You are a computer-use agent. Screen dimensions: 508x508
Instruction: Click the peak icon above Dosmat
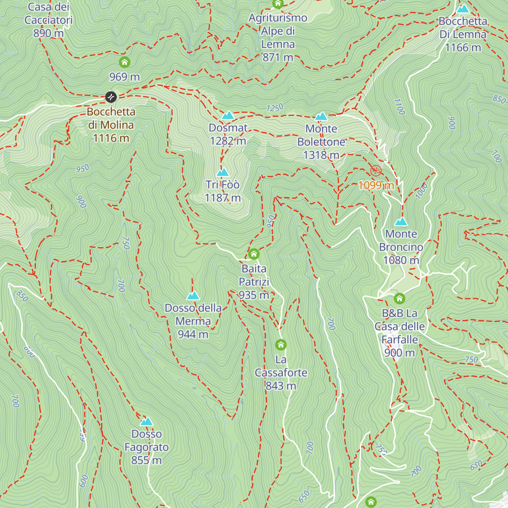click(228, 115)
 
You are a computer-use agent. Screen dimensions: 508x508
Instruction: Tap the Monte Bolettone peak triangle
click(321, 116)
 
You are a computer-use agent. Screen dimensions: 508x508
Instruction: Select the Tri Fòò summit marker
click(223, 172)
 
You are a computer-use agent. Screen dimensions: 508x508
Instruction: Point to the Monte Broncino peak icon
click(401, 221)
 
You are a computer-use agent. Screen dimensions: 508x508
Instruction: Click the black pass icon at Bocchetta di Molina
click(111, 97)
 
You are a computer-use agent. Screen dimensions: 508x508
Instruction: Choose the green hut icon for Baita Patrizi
click(254, 254)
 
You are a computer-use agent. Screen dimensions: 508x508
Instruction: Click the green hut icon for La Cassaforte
click(281, 345)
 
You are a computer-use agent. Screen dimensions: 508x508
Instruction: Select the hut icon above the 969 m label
click(124, 63)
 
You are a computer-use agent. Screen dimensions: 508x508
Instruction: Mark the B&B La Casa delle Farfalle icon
click(399, 299)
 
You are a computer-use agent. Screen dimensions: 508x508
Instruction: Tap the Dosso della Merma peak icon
click(193, 295)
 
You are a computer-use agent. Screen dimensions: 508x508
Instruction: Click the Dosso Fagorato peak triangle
click(146, 421)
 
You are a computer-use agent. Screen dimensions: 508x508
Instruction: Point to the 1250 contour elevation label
click(275, 108)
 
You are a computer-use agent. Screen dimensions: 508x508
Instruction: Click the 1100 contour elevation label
click(399, 106)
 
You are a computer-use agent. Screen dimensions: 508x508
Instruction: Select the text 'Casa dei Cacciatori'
click(49, 14)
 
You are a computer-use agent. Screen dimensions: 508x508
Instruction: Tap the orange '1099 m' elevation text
click(376, 185)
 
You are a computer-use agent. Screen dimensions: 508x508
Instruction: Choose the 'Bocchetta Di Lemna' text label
click(463, 28)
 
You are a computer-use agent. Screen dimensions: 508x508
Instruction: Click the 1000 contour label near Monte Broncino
click(421, 191)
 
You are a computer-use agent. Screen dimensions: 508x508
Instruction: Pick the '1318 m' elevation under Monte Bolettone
click(321, 155)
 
